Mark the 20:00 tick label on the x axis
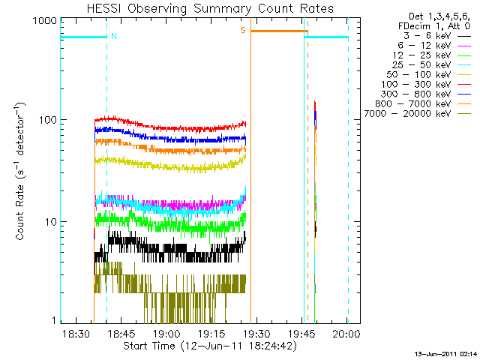click(x=346, y=333)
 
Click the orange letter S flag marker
click(x=243, y=30)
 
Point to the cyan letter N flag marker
click(x=114, y=36)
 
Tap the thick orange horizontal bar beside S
click(x=277, y=31)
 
